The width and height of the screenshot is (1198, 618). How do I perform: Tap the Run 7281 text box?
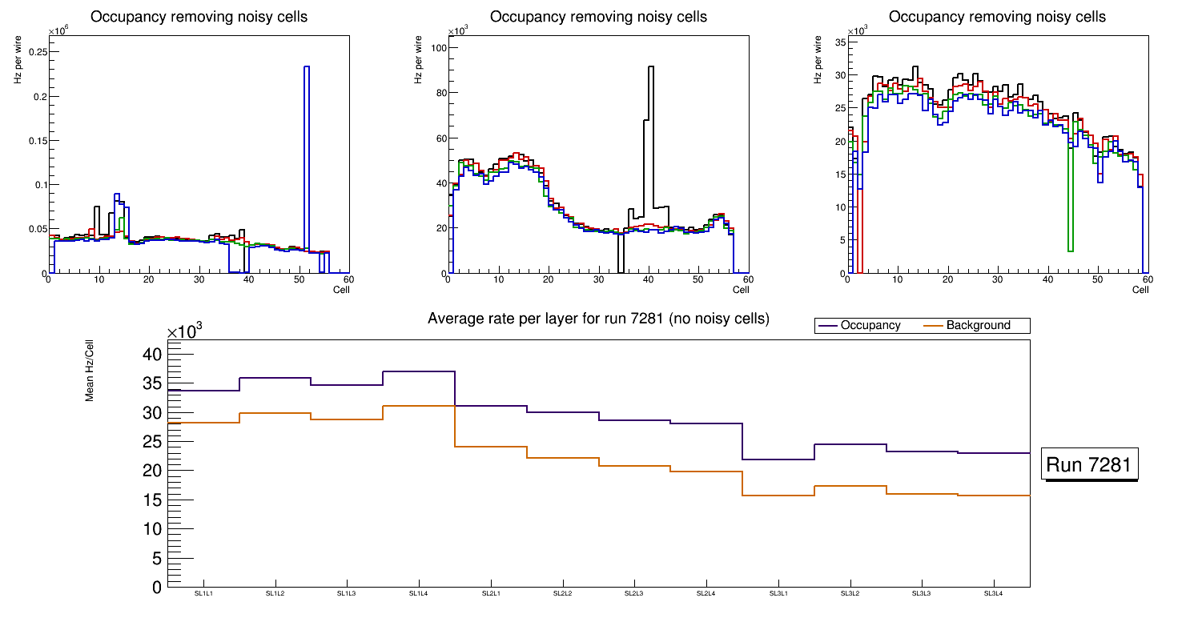pyautogui.click(x=1091, y=465)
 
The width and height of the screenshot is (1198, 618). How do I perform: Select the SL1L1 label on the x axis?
pyautogui.click(x=203, y=593)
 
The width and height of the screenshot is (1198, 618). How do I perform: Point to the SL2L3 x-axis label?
pyautogui.click(x=634, y=593)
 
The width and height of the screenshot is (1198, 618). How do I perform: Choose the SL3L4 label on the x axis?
pyautogui.click(x=993, y=593)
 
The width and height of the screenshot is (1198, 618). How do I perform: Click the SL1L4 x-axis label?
pyautogui.click(x=419, y=593)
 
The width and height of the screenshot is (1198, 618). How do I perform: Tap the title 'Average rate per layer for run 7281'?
pyautogui.click(x=598, y=319)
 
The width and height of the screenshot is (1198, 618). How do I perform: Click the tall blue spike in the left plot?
pyautogui.click(x=307, y=160)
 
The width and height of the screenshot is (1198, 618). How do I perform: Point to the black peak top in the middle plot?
pyautogui.click(x=651, y=67)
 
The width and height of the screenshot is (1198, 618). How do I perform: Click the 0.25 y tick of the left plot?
pyautogui.click(x=37, y=52)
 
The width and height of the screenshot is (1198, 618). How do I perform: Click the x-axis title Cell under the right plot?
pyautogui.click(x=1140, y=290)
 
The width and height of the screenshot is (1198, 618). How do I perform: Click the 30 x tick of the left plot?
pyautogui.click(x=199, y=280)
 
